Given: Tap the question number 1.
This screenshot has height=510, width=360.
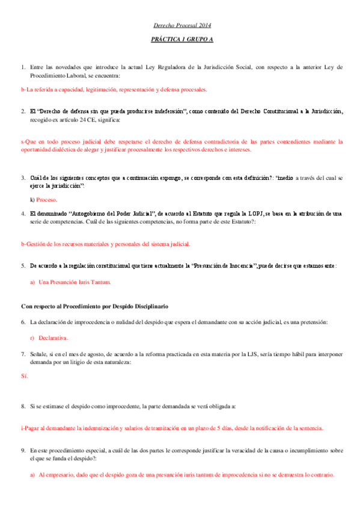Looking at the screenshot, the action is (x=23, y=67).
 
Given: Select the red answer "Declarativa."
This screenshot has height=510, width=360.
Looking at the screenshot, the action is (x=53, y=338).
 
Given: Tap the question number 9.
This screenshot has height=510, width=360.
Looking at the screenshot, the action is (x=23, y=449).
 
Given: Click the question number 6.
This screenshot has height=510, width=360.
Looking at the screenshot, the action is (x=23, y=322).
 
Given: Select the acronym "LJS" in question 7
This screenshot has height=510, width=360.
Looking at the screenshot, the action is (x=254, y=353).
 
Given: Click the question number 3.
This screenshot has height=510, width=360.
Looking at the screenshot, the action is (x=23, y=178).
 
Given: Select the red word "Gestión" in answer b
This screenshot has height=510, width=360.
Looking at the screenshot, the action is (x=38, y=244).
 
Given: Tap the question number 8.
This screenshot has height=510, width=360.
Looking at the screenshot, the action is (x=23, y=407).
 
